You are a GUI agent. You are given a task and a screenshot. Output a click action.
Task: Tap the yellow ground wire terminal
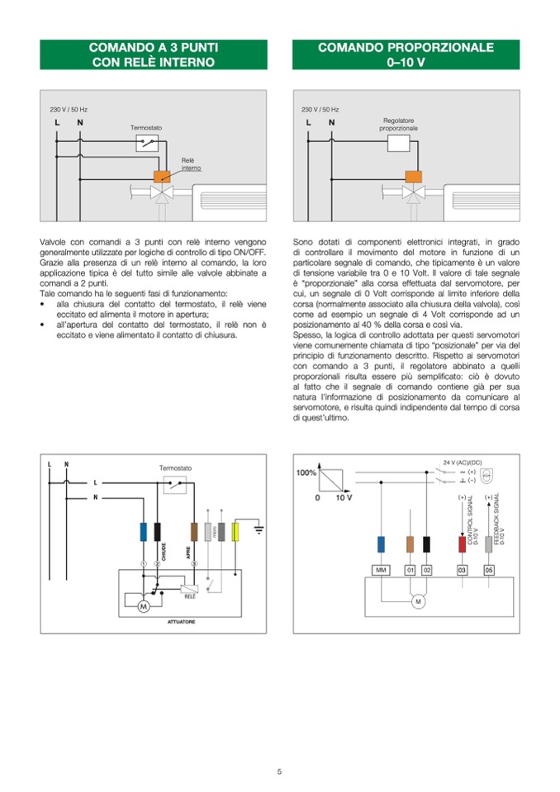coord(235,532)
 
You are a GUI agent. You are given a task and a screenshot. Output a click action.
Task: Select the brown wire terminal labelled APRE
coord(194,532)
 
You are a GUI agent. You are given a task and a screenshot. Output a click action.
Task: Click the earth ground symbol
coord(258,528)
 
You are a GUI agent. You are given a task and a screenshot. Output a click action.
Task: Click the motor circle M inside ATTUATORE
coord(142,606)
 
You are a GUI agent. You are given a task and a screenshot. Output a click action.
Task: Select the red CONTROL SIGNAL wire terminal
coord(462,543)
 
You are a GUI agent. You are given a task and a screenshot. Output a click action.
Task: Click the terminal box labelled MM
coord(381,570)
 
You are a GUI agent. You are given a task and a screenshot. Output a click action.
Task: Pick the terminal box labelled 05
coord(489,570)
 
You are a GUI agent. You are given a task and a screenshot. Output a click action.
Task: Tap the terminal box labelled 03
coord(462,570)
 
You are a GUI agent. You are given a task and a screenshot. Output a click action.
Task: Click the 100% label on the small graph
coord(306,472)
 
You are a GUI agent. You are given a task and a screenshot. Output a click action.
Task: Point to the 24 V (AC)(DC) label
coord(463,462)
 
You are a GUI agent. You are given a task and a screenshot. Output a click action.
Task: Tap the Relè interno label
coord(191,164)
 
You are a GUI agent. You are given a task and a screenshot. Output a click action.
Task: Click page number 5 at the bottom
coord(279,771)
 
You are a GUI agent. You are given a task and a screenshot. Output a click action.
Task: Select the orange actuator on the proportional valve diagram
coord(412,176)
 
